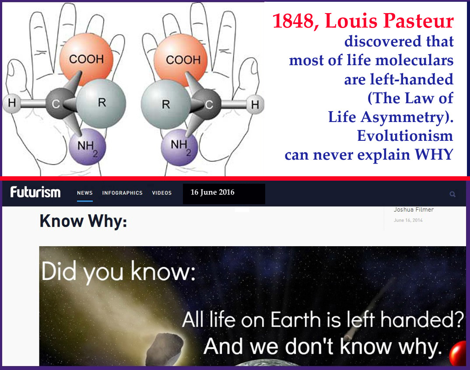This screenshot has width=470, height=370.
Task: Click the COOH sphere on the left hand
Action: (x=86, y=59)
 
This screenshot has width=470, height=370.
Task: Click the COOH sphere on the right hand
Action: (x=180, y=59)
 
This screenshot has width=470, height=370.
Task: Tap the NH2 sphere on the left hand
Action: (x=88, y=147)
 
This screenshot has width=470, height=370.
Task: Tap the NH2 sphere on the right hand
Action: (x=179, y=147)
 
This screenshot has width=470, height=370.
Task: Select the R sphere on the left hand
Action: (x=101, y=103)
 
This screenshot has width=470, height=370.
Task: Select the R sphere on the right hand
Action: (x=166, y=104)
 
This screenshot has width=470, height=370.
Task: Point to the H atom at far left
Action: (x=12, y=103)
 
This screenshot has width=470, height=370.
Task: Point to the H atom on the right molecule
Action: (x=255, y=105)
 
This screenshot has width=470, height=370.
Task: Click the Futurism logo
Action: (x=35, y=192)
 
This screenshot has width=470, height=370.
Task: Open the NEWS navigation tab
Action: (x=85, y=193)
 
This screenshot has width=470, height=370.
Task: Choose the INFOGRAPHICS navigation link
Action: (x=122, y=193)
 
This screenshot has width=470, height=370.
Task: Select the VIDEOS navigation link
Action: (x=162, y=193)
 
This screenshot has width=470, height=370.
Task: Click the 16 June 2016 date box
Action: (x=224, y=194)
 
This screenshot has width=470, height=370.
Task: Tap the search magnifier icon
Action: (x=452, y=194)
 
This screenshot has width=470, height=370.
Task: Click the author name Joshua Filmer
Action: (x=414, y=210)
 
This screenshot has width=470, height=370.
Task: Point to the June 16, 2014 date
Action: (x=408, y=220)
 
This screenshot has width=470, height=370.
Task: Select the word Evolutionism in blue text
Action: (x=405, y=136)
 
